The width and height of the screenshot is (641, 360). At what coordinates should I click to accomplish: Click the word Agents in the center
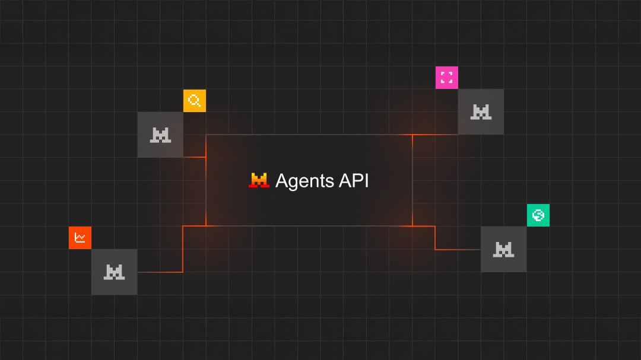(x=304, y=181)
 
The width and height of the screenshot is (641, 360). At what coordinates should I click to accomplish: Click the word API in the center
(x=354, y=181)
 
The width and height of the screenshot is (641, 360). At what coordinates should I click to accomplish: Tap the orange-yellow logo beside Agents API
(x=259, y=180)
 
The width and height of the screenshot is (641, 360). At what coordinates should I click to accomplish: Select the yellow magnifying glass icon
(x=194, y=100)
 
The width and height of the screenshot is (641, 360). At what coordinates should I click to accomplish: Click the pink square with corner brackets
(x=446, y=77)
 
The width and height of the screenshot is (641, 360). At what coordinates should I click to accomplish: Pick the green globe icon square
(x=538, y=215)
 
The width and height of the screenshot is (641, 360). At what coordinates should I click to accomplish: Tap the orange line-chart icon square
(x=80, y=238)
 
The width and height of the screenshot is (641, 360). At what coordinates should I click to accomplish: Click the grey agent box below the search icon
(x=160, y=135)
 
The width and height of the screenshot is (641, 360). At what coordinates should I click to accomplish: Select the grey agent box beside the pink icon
(x=481, y=111)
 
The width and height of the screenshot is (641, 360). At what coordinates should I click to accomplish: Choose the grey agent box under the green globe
(x=503, y=249)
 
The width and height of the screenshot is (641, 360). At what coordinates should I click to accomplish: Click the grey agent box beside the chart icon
(x=114, y=272)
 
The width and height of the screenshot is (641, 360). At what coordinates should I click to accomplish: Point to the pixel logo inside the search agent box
(x=160, y=135)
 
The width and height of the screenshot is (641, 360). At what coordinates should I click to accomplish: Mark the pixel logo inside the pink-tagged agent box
(x=481, y=111)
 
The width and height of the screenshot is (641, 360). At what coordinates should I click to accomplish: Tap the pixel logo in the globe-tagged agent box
(x=503, y=250)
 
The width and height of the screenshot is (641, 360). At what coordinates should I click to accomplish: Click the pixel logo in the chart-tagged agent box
(x=114, y=272)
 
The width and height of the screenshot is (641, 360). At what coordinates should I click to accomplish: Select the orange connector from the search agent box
(x=194, y=157)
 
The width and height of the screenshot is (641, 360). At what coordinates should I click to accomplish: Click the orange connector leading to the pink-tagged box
(x=435, y=135)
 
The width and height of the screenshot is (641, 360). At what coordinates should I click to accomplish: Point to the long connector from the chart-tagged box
(x=183, y=249)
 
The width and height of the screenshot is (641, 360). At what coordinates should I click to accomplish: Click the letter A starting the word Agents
(x=282, y=181)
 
